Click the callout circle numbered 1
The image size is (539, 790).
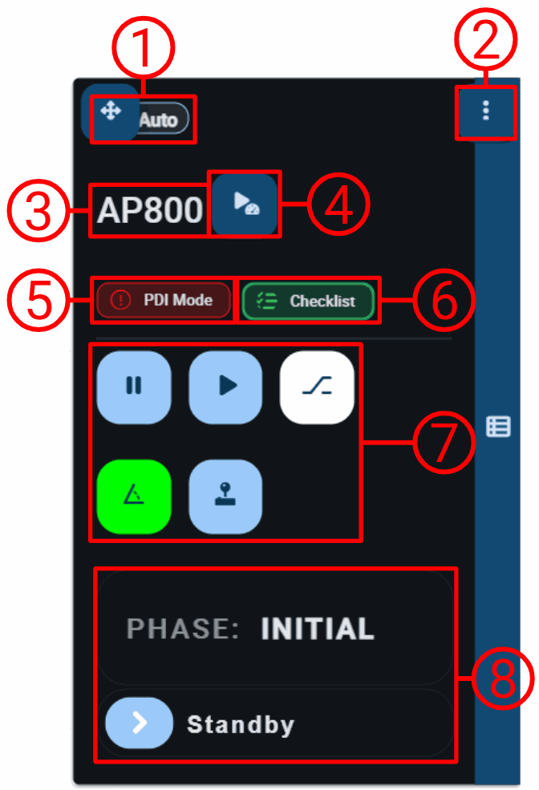pyautogui.click(x=143, y=48)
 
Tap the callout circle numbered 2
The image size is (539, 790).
pyautogui.click(x=485, y=39)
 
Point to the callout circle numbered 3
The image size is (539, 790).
pyautogui.click(x=38, y=210)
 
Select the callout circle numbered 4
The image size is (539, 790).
pyautogui.click(x=338, y=204)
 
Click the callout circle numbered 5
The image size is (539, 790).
pyautogui.click(x=38, y=300)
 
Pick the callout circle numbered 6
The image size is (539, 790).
pyautogui.click(x=444, y=300)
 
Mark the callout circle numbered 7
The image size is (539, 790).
pyautogui.click(x=444, y=442)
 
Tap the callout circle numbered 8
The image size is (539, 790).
pyautogui.click(x=502, y=679)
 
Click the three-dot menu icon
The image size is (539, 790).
pyautogui.click(x=485, y=111)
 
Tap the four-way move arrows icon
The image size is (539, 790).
pyautogui.click(x=111, y=111)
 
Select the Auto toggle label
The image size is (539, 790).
pyautogui.click(x=158, y=120)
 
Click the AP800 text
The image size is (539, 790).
pyautogui.click(x=150, y=210)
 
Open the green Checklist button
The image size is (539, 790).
pyautogui.click(x=308, y=302)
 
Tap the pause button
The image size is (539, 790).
pyautogui.click(x=134, y=387)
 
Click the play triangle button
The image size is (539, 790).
pyautogui.click(x=225, y=387)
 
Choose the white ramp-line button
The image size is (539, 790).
pyautogui.click(x=317, y=387)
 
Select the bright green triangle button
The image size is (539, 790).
pyautogui.click(x=134, y=496)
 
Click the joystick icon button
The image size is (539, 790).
pyautogui.click(x=225, y=496)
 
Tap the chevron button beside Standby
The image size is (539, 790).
pyautogui.click(x=139, y=723)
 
